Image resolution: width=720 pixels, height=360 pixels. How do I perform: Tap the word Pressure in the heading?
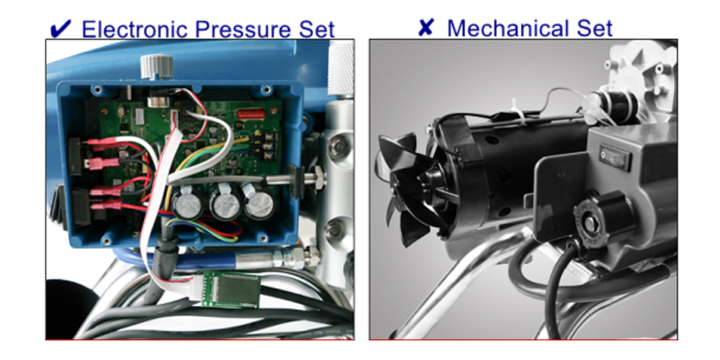click(x=244, y=29)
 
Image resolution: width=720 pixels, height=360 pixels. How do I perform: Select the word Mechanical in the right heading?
click(x=513, y=28)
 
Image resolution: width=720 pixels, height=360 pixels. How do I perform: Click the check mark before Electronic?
click(x=60, y=29)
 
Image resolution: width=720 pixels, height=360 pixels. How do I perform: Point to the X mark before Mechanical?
click(x=426, y=27)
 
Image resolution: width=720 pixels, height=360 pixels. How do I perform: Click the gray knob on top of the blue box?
click(x=156, y=66)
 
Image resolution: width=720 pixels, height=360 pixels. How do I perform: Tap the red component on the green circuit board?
click(x=251, y=114)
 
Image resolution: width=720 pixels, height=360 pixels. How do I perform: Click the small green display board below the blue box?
click(x=232, y=289)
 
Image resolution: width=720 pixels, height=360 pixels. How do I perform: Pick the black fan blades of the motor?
click(x=405, y=184)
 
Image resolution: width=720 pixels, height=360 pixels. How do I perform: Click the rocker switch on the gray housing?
click(x=616, y=156)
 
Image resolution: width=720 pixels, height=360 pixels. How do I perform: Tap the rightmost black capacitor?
click(x=259, y=204)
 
